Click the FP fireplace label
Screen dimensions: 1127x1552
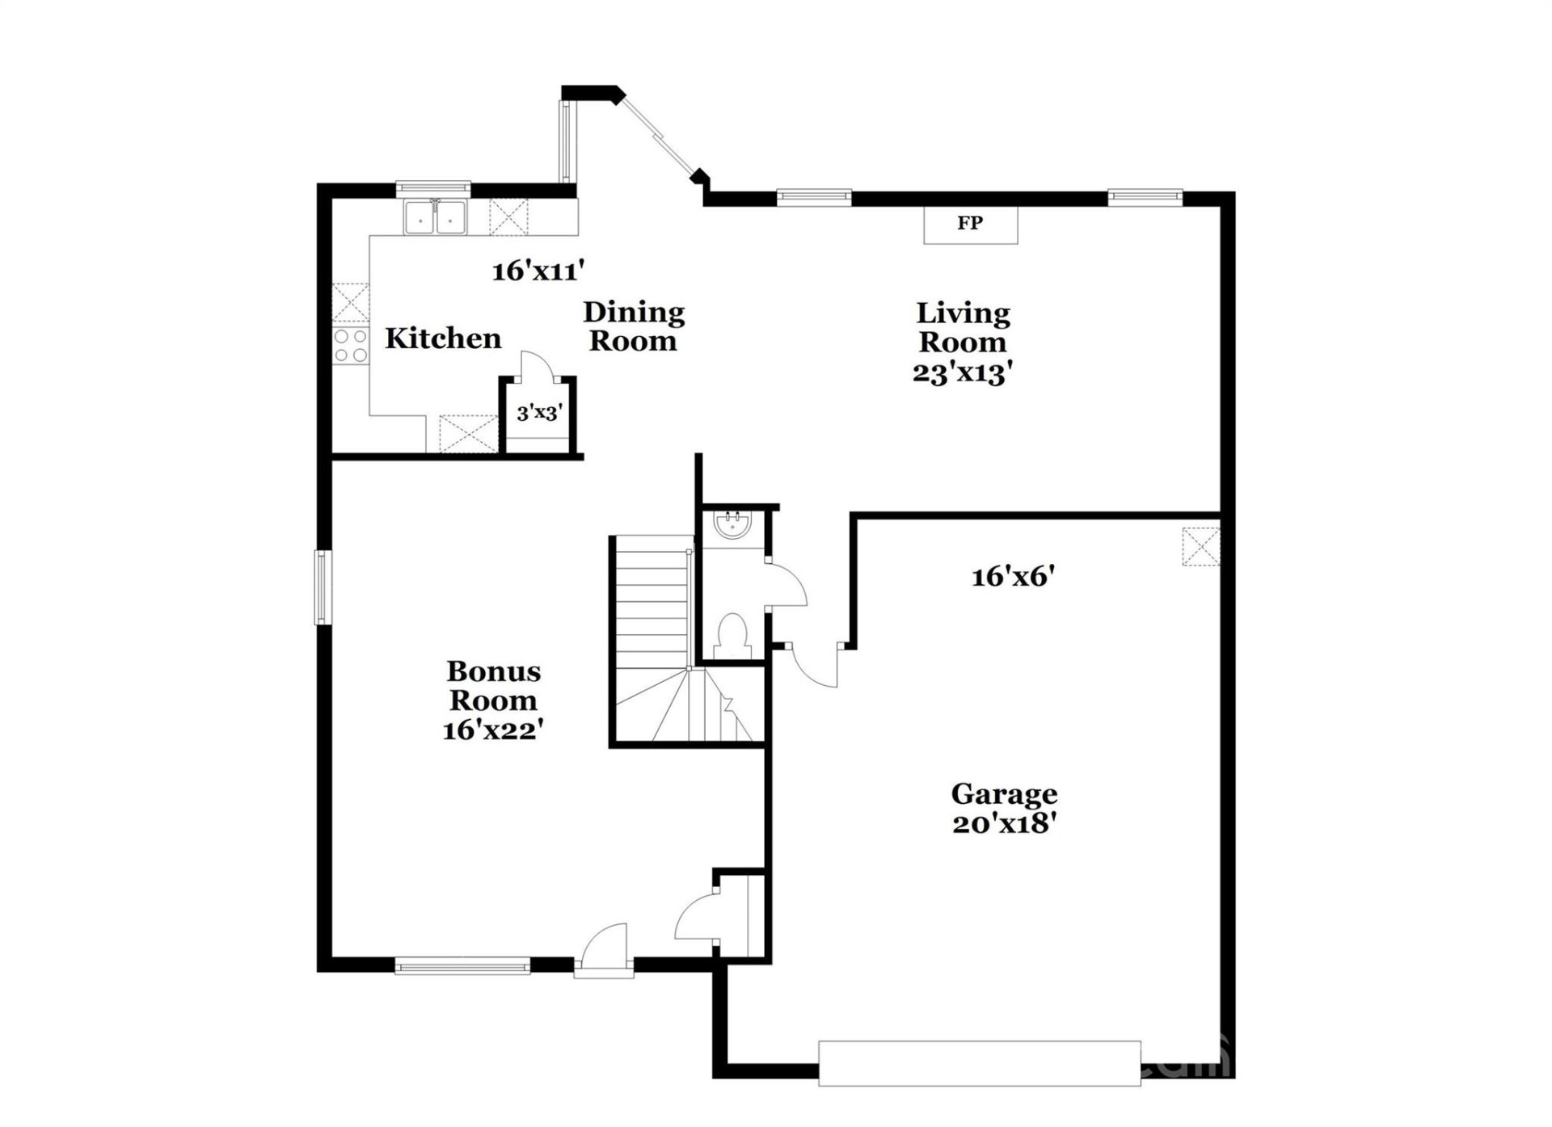point(969,223)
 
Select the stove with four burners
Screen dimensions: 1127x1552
point(351,346)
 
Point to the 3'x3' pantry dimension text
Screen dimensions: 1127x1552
point(539,413)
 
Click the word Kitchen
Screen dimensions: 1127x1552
point(443,339)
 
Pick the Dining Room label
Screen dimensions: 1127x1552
point(634,326)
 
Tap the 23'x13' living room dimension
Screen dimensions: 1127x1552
point(963,373)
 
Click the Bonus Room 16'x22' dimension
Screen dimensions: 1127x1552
point(492,730)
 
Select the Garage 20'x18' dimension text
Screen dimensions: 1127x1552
point(1005,824)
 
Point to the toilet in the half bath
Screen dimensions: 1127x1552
point(733,637)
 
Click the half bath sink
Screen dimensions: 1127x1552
point(734,525)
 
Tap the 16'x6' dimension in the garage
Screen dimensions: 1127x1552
point(1014,577)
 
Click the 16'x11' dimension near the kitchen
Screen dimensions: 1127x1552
point(538,271)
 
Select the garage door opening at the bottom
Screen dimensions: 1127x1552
point(979,1063)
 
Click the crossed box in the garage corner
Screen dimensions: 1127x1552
point(1200,546)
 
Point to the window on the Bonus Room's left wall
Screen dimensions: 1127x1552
point(323,587)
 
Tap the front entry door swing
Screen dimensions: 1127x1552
point(605,947)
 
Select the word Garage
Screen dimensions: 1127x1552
point(1004,794)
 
